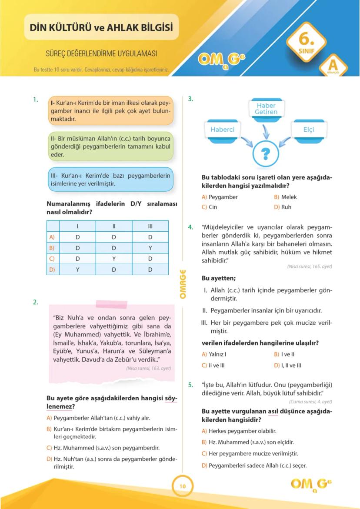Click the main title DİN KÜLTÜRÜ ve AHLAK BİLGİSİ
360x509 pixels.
click(x=101, y=28)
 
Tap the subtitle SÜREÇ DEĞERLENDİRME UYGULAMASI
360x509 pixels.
click(x=101, y=54)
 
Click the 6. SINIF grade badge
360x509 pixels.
click(x=306, y=44)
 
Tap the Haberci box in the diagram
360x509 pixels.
click(x=222, y=130)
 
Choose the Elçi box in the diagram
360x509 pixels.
click(x=309, y=130)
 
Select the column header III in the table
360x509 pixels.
click(x=150, y=226)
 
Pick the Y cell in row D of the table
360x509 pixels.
click(x=77, y=269)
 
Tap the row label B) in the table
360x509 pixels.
click(x=53, y=248)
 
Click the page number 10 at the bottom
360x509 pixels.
click(x=182, y=486)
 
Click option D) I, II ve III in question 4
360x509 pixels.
click(x=287, y=365)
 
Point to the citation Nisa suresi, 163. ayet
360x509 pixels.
click(x=148, y=368)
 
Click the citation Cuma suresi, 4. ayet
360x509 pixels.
click(x=310, y=402)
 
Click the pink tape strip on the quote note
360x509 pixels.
click(x=111, y=304)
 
